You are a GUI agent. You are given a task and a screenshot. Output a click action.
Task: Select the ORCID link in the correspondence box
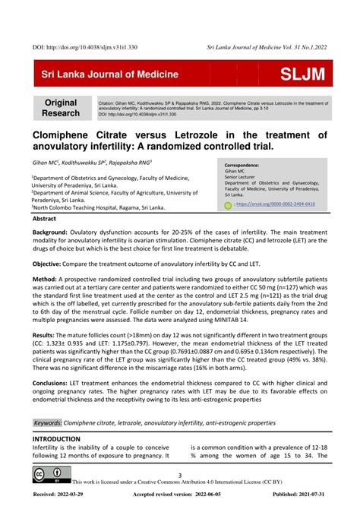(277, 205)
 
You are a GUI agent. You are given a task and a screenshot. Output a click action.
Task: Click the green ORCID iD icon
(228, 205)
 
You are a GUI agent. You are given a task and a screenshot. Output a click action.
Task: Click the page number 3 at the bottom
(180, 476)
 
